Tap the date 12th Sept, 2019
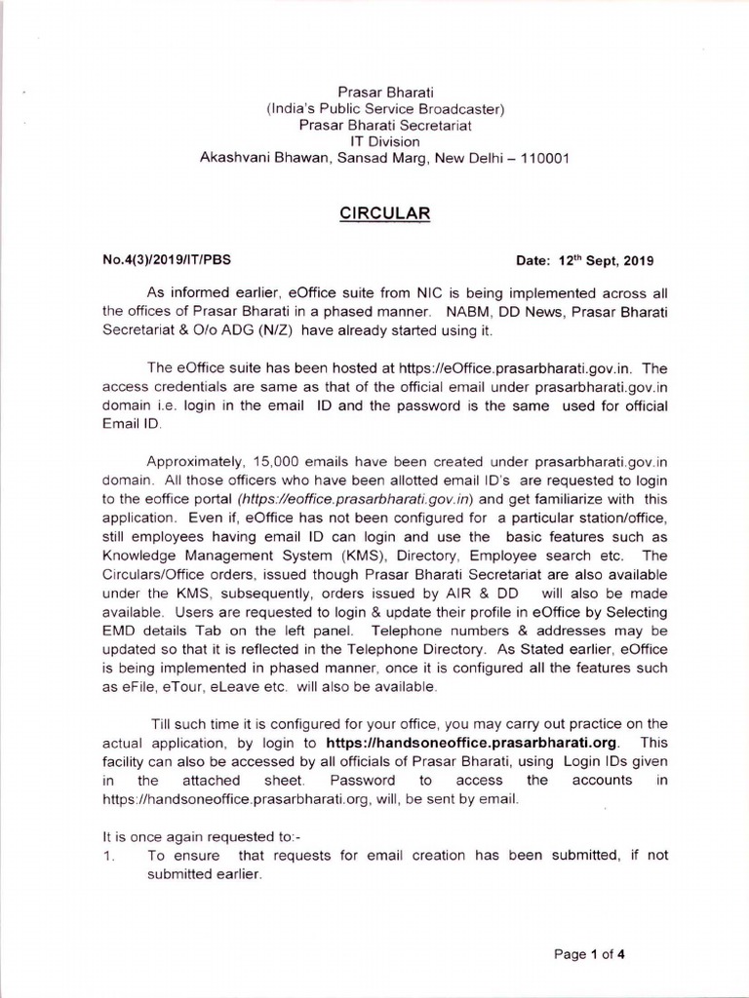[606, 261]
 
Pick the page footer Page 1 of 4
[589, 954]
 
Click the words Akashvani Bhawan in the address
[252, 158]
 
